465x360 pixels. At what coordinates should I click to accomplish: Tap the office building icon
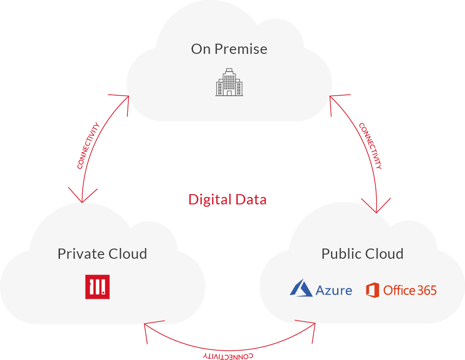point(229,82)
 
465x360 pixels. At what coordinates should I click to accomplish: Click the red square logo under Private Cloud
point(98,287)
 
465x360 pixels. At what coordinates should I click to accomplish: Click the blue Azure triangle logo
point(301,288)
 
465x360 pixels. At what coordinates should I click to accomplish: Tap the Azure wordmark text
point(334,291)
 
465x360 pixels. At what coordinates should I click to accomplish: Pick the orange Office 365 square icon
point(372,290)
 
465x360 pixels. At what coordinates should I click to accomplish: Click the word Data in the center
point(251,200)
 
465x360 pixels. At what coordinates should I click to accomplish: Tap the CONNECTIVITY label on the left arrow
point(88,145)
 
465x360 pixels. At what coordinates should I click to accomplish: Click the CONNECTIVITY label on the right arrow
point(371,146)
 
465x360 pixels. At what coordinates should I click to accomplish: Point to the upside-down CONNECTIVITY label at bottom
point(228,356)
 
